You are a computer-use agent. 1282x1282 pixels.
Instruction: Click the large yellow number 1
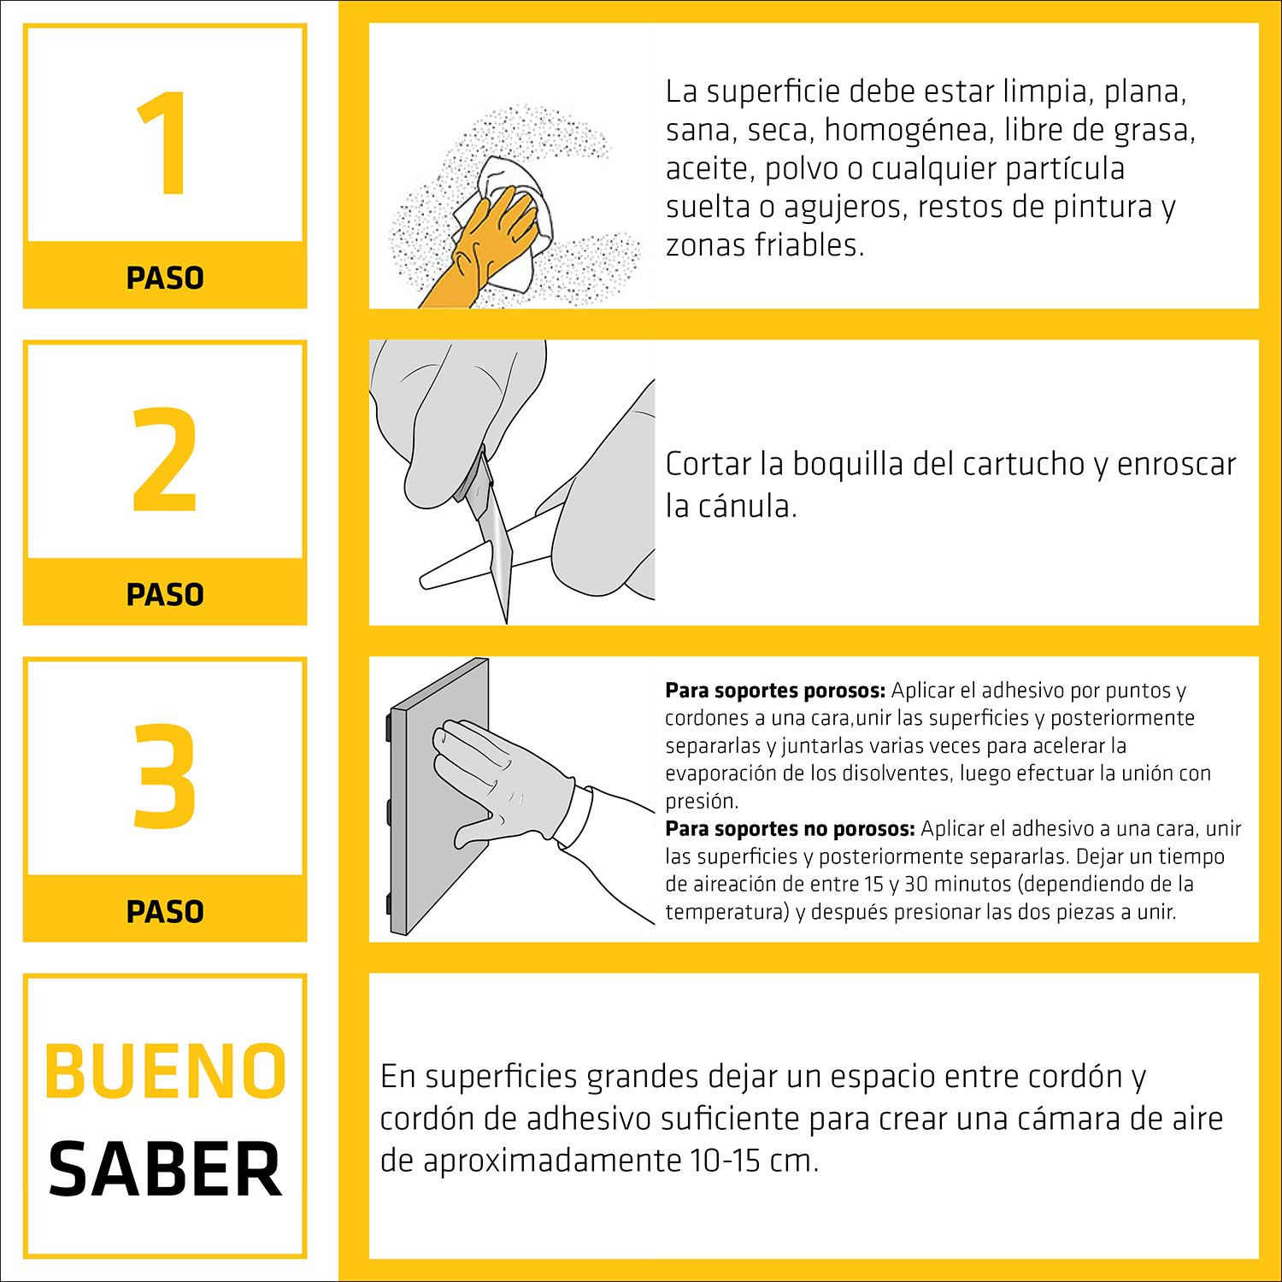165,144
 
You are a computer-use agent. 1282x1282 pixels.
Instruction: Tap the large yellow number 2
165,460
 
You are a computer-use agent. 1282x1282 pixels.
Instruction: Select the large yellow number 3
165,776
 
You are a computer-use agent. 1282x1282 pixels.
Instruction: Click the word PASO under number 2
165,595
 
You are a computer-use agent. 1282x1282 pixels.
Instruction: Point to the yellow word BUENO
165,1072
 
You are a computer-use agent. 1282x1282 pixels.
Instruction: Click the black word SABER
165,1169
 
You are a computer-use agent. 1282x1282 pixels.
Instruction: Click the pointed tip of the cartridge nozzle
422,582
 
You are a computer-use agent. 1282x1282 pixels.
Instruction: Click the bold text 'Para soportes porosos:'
775,691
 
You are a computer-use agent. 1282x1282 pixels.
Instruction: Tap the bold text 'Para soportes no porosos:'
791,829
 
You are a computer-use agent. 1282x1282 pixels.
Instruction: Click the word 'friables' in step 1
809,245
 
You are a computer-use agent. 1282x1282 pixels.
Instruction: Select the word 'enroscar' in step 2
1176,465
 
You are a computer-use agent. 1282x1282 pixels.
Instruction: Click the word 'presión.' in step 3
702,803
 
